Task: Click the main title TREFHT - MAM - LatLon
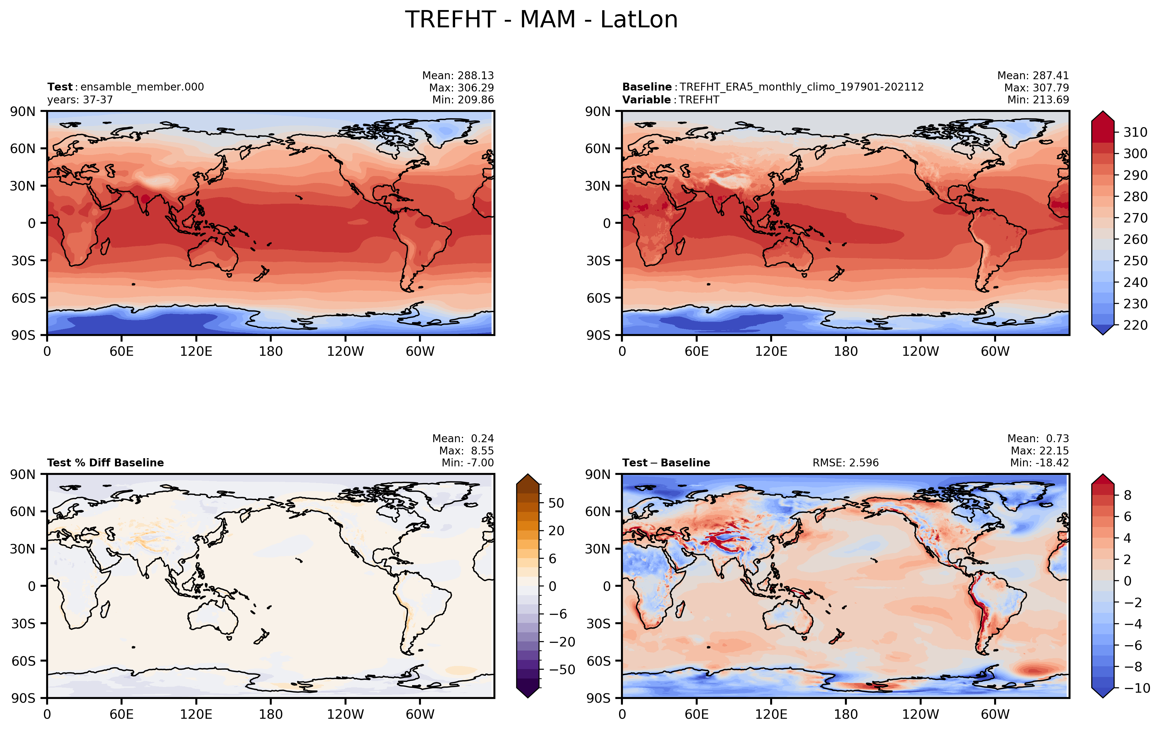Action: [542, 20]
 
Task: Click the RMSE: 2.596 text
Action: [846, 463]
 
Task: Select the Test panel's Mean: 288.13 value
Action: [458, 76]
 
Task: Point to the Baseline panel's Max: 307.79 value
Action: [1037, 88]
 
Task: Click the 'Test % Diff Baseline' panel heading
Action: [106, 463]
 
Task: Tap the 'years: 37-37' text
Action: [80, 100]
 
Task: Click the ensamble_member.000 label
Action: [142, 87]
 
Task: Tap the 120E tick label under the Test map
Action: [196, 351]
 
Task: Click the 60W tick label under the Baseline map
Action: [995, 351]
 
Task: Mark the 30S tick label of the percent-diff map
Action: [24, 624]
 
